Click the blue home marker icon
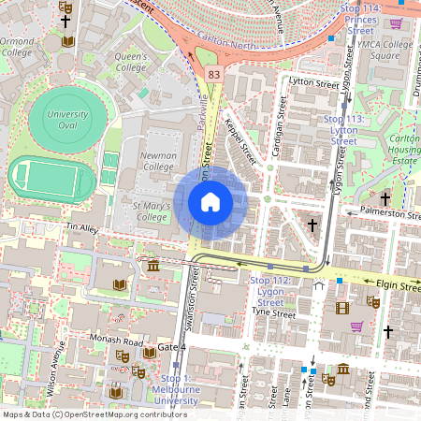pyautogui.click(x=210, y=201)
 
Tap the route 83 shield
pyautogui.click(x=215, y=74)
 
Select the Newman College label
pyautogui.click(x=158, y=160)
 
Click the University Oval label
pyautogui.click(x=66, y=120)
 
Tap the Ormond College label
pyautogui.click(x=17, y=47)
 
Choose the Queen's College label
pyautogui.click(x=131, y=62)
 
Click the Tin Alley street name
pyautogui.click(x=82, y=227)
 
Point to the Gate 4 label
pyautogui.click(x=172, y=347)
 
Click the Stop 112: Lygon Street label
pyautogui.click(x=269, y=292)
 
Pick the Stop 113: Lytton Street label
pyautogui.click(x=345, y=130)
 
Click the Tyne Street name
pyautogui.click(x=274, y=314)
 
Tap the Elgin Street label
pyautogui.click(x=398, y=283)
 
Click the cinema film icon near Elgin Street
pyautogui.click(x=342, y=308)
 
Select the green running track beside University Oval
pyautogui.click(x=51, y=176)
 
